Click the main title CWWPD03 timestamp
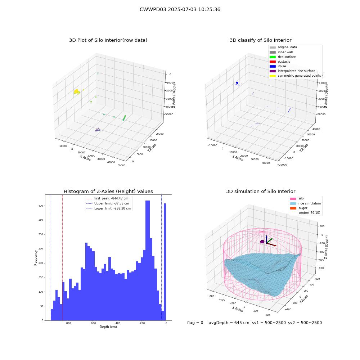180,9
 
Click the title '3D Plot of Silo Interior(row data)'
108,40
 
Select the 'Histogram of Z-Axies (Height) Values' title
108,191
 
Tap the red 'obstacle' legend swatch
273,62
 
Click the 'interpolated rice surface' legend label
296,71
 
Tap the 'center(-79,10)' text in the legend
309,213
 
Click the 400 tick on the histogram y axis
41,206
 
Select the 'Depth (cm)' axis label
108,327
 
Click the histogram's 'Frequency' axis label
36,258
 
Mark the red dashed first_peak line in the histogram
62,257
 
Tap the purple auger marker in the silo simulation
262,242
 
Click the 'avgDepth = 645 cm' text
229,323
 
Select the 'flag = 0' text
195,323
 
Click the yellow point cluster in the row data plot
76,91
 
